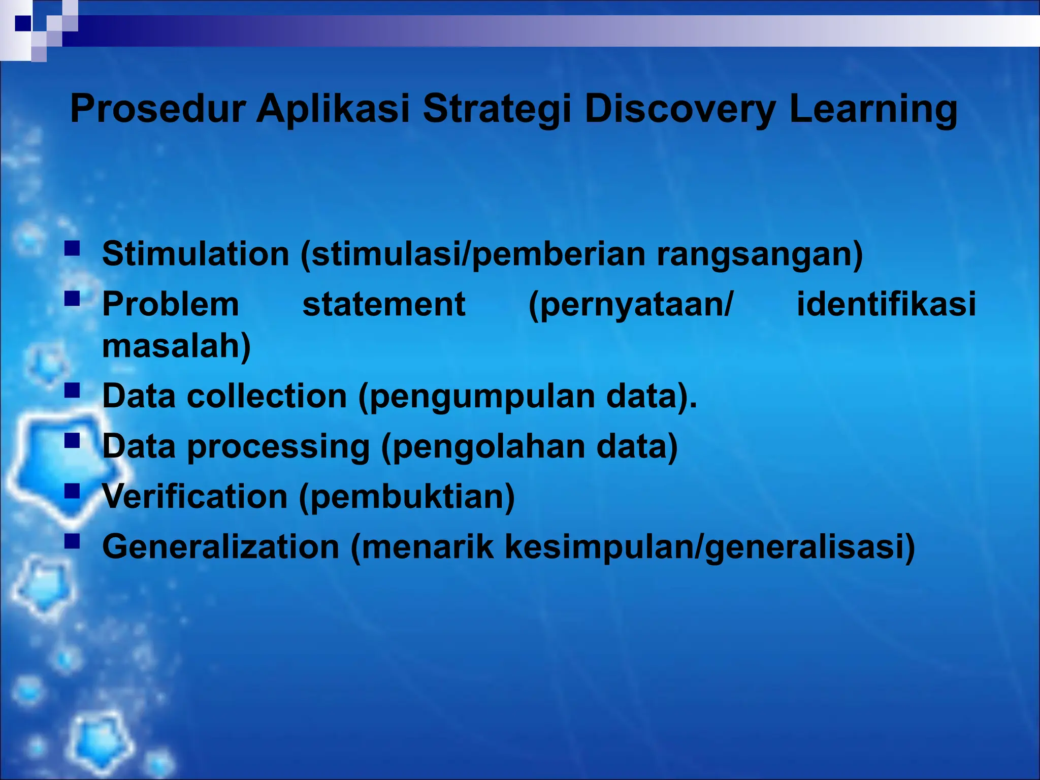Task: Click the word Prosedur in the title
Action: [x=158, y=109]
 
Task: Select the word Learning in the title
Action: [x=873, y=109]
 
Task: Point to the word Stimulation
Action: [x=196, y=253]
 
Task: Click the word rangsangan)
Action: [x=760, y=253]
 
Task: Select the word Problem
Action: [x=171, y=304]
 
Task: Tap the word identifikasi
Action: [x=886, y=304]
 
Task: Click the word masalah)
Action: [x=176, y=346]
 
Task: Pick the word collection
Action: [x=267, y=396]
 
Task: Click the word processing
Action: [x=278, y=447]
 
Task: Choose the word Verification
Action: [x=195, y=496]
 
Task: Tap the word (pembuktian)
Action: [x=407, y=496]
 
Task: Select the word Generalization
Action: [x=221, y=547]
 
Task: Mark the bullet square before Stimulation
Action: [x=73, y=248]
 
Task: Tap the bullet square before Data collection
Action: [x=73, y=391]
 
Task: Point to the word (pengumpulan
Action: [x=477, y=396]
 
